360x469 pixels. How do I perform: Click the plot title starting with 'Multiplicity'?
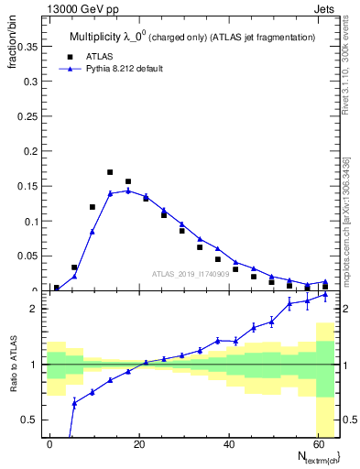click(x=191, y=37)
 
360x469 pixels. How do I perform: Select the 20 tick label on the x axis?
click(x=138, y=443)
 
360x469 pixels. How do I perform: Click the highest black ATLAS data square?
click(x=110, y=172)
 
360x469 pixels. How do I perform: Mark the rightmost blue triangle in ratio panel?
click(x=325, y=295)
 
